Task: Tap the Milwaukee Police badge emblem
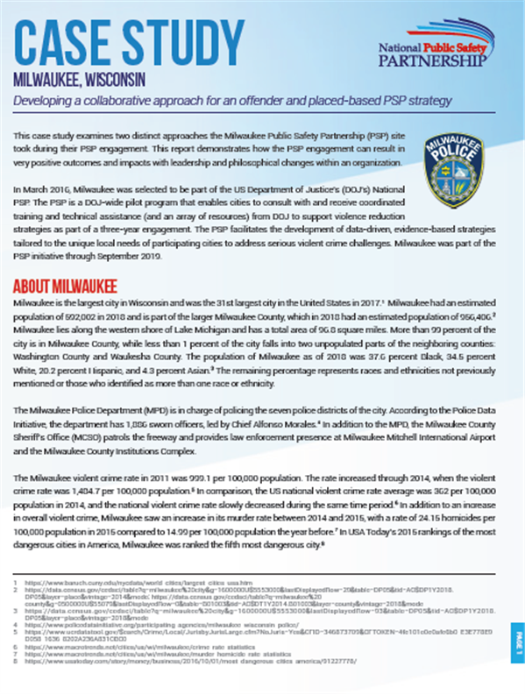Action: point(451,168)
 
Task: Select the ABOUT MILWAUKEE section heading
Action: point(66,287)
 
